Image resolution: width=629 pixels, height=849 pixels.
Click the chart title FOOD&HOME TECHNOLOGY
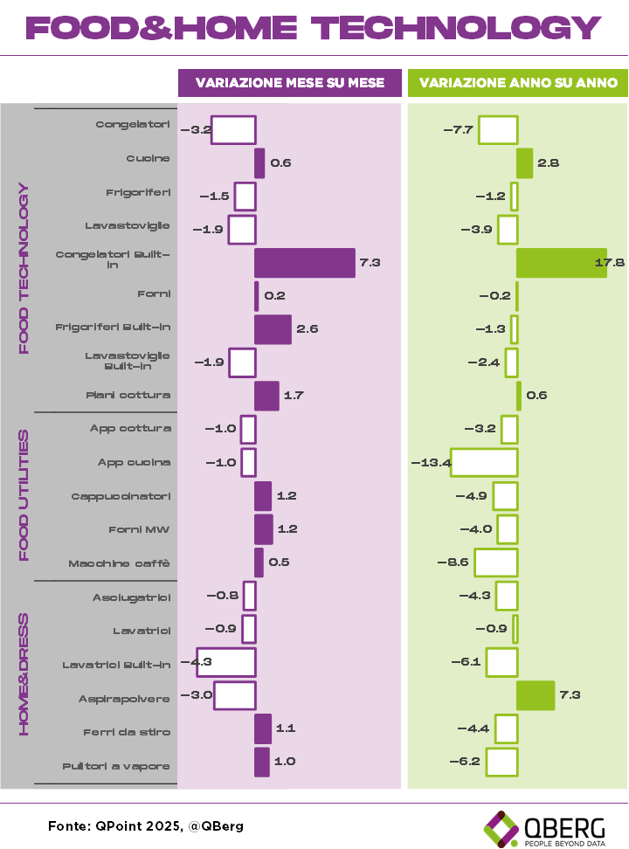314,28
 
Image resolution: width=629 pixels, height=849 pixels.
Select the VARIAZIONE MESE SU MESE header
290,83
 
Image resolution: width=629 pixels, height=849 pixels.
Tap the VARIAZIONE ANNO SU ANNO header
518,83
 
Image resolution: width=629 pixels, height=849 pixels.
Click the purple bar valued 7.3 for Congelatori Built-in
305,263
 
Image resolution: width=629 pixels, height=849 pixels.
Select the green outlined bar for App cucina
484,462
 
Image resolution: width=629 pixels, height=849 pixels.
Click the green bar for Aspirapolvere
536,695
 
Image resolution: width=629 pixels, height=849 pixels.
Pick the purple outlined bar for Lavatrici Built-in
225,662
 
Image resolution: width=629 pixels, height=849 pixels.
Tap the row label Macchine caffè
120,563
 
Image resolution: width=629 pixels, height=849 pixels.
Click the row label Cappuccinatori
121,496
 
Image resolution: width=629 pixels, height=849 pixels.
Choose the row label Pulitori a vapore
116,766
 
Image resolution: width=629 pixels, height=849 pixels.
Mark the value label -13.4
431,462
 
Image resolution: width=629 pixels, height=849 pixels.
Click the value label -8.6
453,563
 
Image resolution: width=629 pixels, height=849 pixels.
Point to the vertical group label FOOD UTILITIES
24,495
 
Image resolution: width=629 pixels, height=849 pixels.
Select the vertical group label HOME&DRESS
24,674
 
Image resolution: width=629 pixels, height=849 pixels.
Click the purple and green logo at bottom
501,828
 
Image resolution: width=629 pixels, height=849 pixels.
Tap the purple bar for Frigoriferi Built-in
273,329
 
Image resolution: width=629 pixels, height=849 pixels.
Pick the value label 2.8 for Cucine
549,162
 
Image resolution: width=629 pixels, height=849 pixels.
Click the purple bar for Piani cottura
266,396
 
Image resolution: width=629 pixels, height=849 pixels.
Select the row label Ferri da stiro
128,732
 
